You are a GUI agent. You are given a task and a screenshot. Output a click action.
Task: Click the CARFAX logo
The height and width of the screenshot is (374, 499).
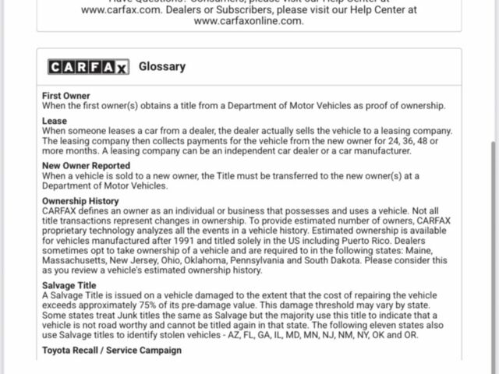(88, 67)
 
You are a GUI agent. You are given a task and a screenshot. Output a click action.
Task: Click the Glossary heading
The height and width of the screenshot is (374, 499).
(162, 66)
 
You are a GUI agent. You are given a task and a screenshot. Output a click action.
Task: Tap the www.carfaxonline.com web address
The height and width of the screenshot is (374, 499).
(248, 21)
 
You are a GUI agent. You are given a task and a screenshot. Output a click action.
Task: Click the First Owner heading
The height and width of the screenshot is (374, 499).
(66, 96)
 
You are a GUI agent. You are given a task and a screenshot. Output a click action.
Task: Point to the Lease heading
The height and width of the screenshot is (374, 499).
(55, 121)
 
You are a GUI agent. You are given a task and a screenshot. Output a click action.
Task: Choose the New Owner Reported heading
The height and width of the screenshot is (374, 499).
(86, 166)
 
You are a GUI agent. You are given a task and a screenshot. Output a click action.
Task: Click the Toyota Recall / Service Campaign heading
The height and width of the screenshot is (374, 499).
(111, 351)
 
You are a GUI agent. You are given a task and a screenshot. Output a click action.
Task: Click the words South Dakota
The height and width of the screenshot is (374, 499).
(341, 261)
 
